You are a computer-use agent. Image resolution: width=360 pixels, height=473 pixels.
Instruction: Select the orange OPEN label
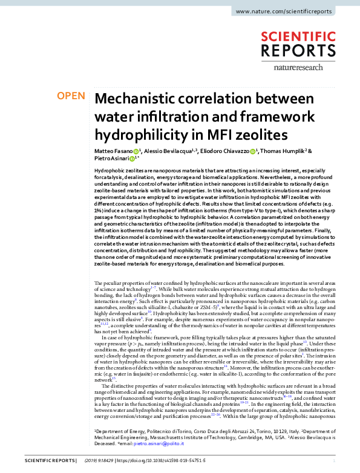click(70, 96)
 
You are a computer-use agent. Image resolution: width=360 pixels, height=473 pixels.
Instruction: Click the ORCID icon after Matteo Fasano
click(137, 151)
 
